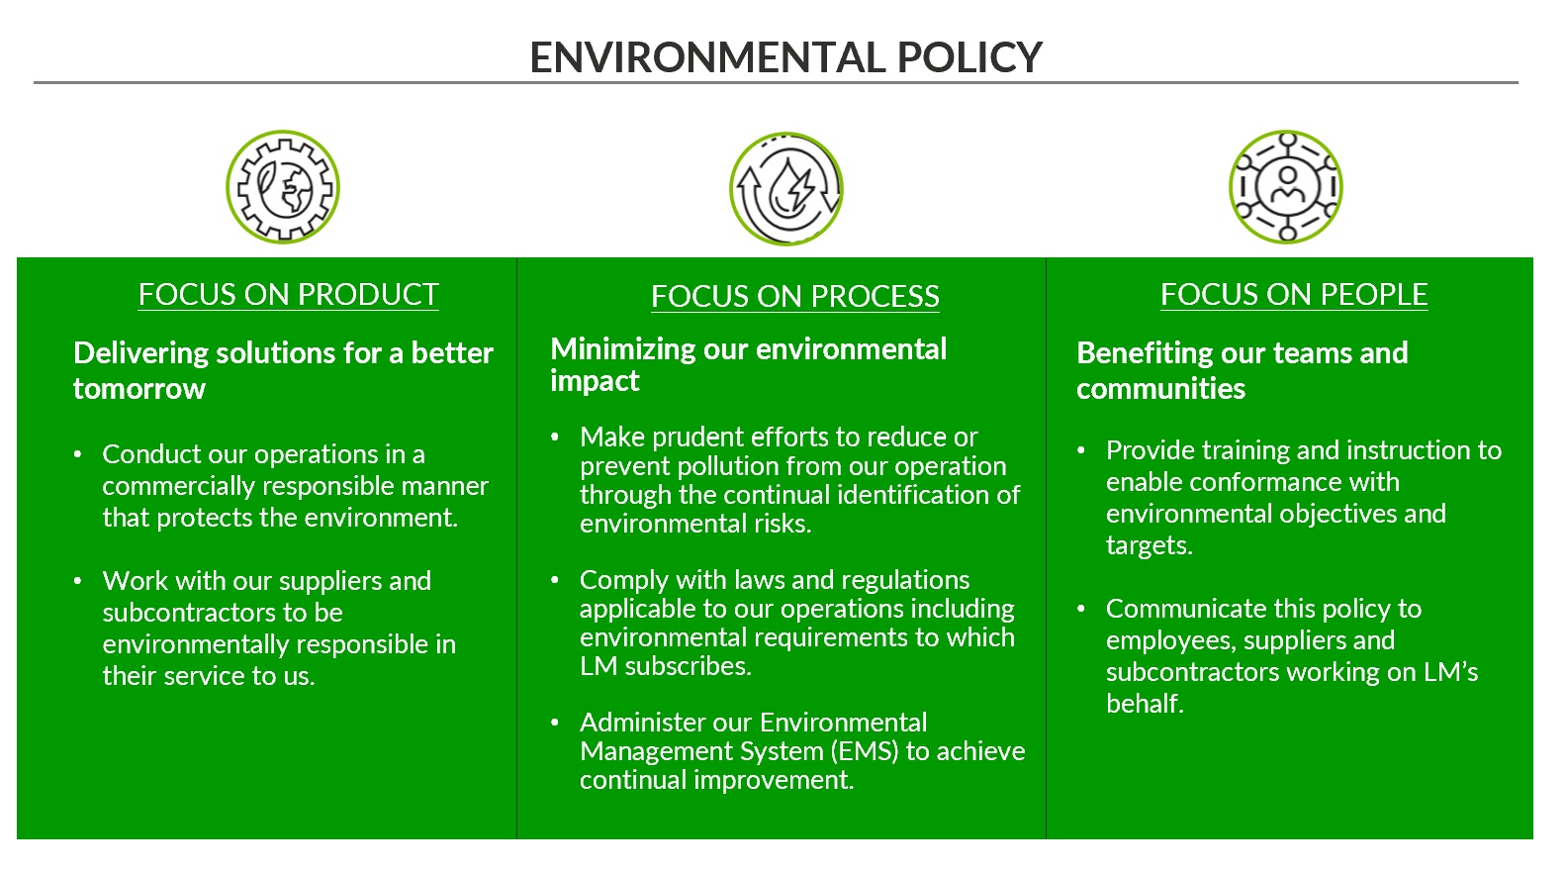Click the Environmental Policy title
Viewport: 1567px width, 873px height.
click(785, 57)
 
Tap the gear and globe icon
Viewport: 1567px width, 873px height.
click(283, 187)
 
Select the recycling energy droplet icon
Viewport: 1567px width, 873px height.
click(786, 188)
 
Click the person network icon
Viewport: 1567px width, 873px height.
click(1286, 187)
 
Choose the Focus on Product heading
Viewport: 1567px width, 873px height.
click(288, 295)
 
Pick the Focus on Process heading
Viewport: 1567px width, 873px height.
click(794, 297)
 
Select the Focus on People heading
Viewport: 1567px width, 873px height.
click(1294, 295)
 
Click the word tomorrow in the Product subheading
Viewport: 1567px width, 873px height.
click(139, 389)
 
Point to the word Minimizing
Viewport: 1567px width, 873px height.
click(622, 350)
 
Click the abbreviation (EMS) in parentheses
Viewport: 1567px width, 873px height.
click(865, 751)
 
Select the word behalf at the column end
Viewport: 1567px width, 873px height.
click(1146, 704)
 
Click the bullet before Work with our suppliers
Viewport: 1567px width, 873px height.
click(77, 581)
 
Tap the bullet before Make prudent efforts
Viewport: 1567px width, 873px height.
click(555, 437)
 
